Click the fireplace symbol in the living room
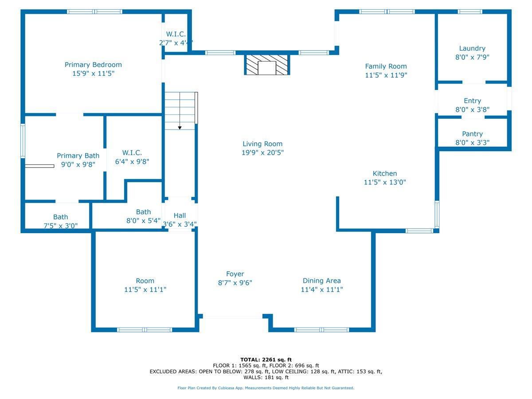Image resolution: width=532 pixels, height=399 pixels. (x=267, y=65)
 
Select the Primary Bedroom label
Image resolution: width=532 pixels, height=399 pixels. (x=93, y=65)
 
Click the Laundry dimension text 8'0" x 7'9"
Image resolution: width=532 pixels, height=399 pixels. (x=472, y=57)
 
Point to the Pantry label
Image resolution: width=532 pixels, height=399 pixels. (x=472, y=134)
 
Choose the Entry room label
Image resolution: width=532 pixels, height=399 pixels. (x=472, y=101)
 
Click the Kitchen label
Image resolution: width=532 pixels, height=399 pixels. (x=384, y=173)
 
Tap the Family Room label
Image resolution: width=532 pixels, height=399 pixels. (x=386, y=66)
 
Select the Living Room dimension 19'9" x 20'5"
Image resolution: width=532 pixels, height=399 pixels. (x=262, y=153)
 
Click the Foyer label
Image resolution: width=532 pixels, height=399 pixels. (x=235, y=274)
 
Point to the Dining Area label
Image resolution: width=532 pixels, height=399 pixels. (x=321, y=281)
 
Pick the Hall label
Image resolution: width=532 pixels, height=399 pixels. (x=180, y=215)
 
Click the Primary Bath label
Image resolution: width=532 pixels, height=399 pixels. (x=78, y=156)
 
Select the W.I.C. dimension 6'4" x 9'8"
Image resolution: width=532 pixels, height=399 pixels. (x=132, y=162)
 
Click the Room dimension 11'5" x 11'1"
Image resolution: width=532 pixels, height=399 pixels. (x=145, y=289)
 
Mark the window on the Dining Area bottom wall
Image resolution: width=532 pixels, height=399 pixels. (x=321, y=330)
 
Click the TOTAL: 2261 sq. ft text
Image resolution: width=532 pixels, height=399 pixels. (x=266, y=360)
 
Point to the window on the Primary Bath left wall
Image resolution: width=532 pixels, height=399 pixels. (x=23, y=141)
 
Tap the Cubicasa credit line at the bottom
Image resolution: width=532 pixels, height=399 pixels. (x=266, y=388)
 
